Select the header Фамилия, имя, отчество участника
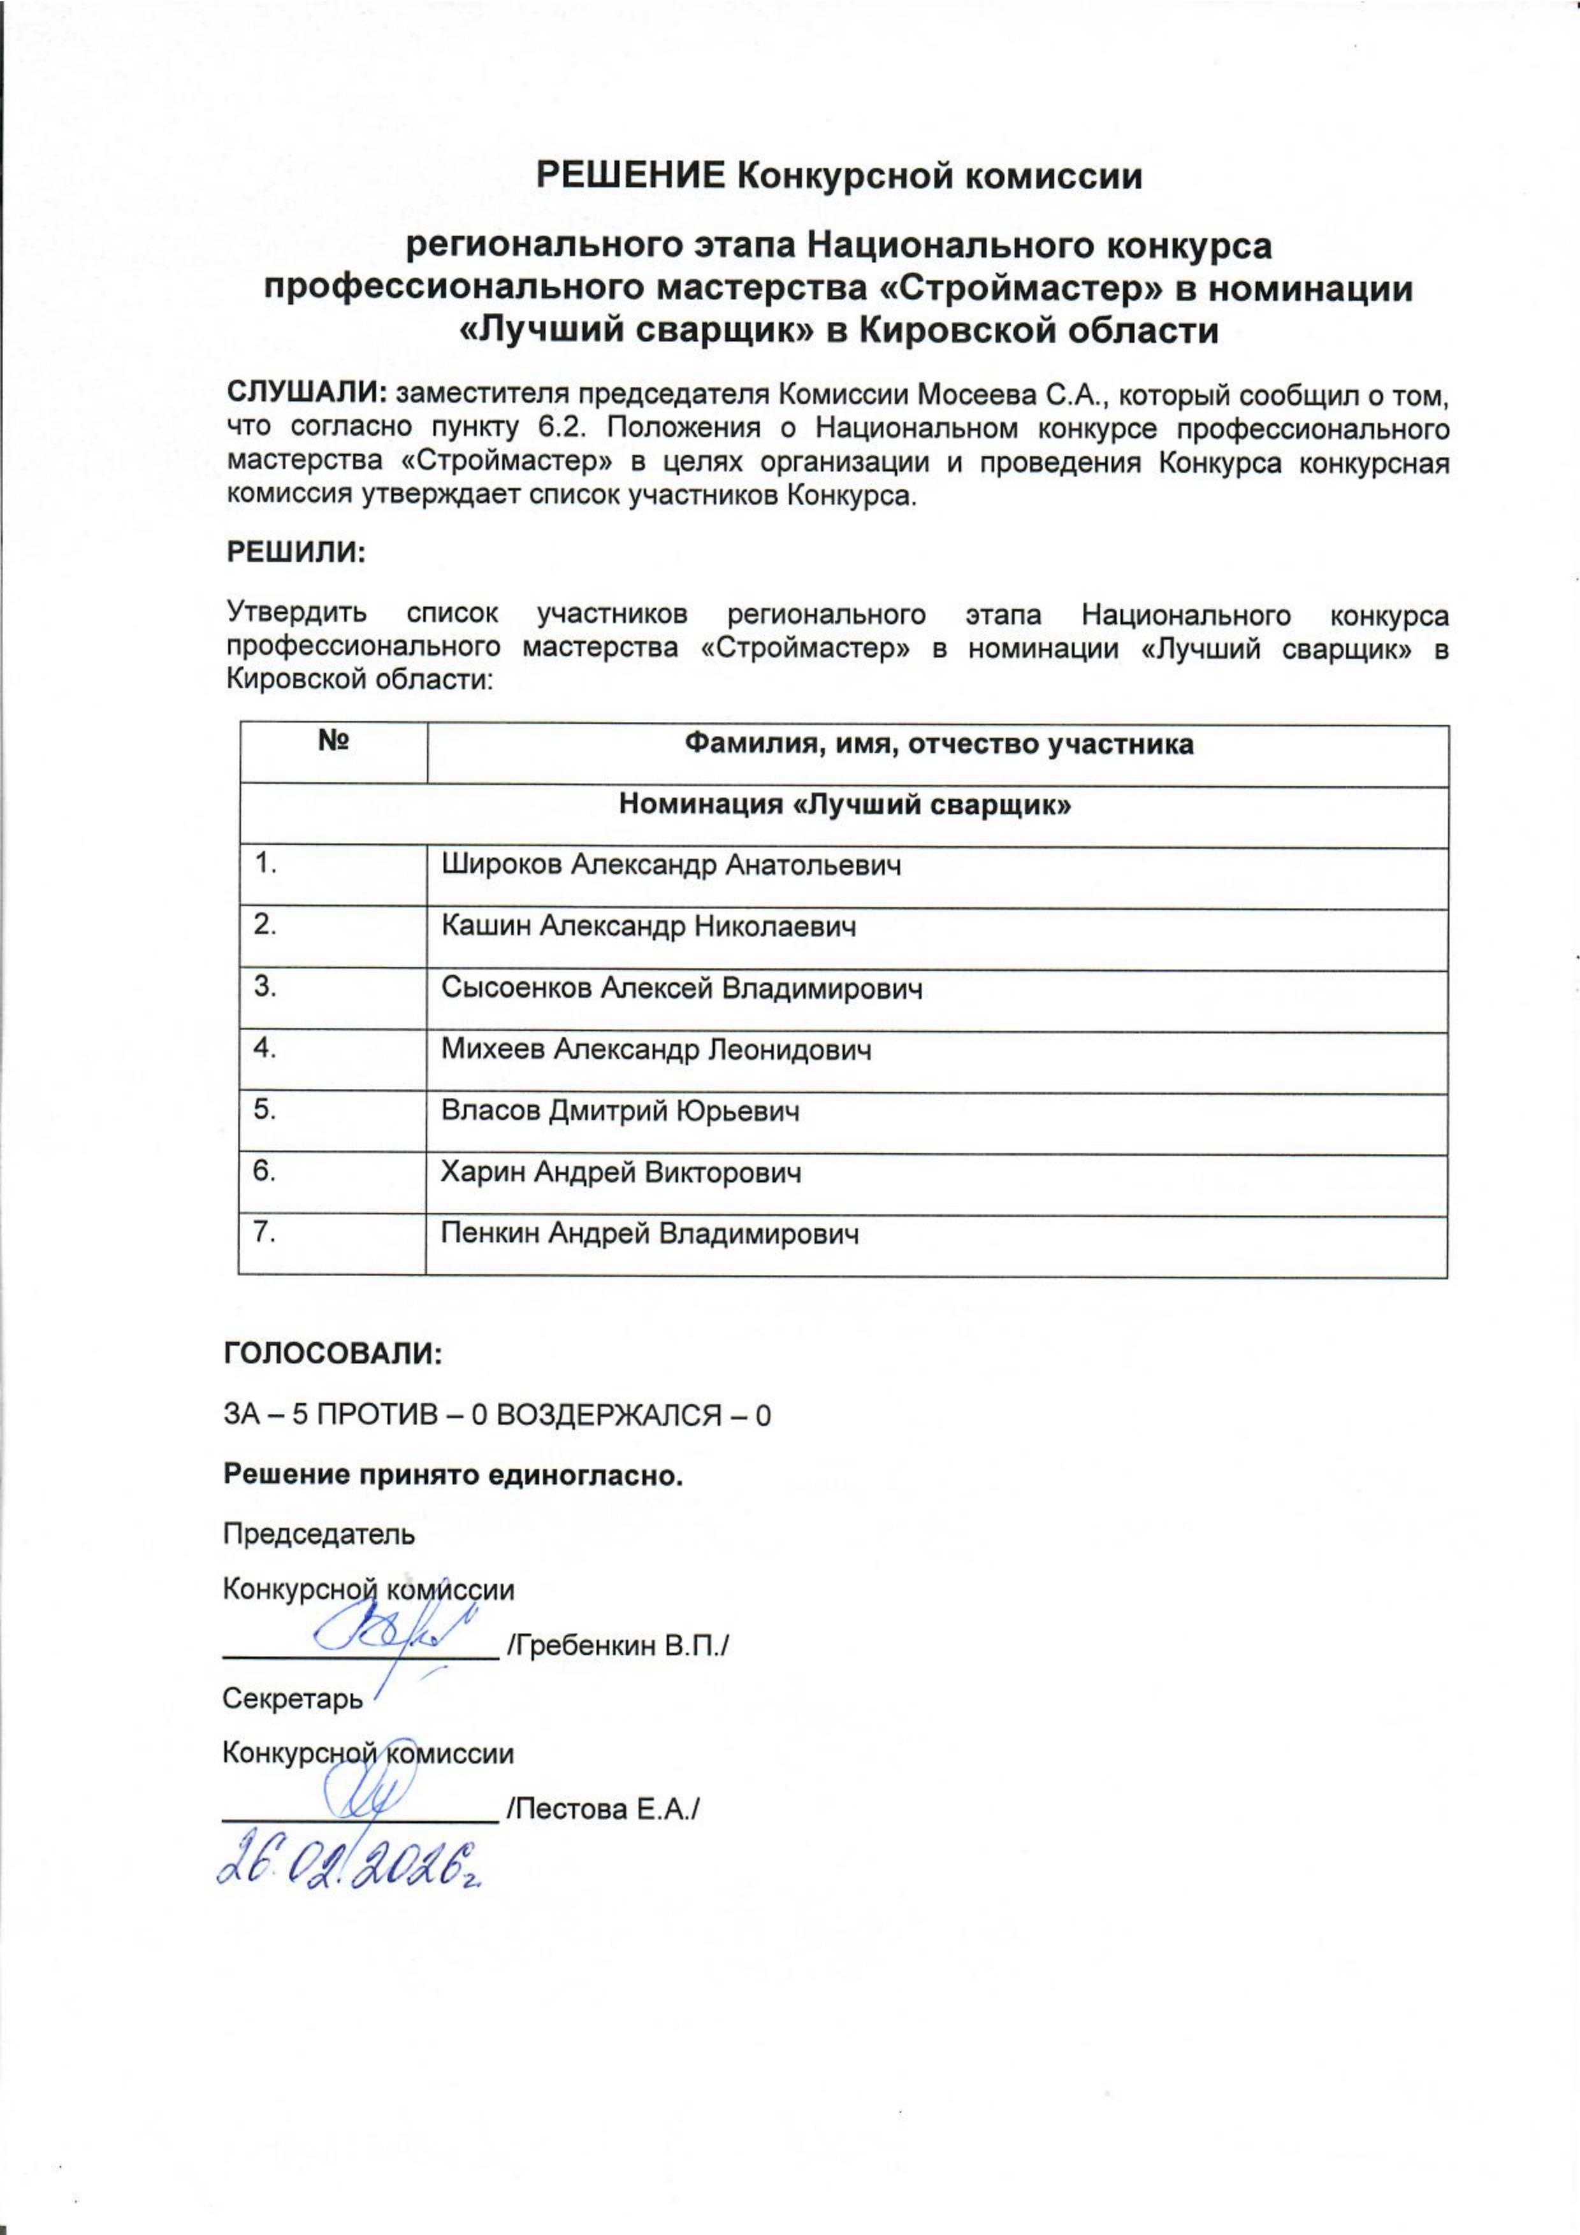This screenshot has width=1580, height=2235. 938,745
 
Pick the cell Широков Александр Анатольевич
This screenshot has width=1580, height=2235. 670,865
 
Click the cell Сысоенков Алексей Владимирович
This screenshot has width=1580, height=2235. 681,988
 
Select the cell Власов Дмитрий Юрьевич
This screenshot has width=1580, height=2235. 620,1110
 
